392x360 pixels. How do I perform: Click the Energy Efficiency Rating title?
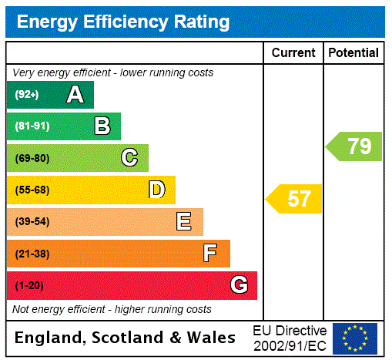pos(123,22)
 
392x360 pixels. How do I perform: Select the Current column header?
pos(293,52)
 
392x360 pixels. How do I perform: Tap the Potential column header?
pos(353,52)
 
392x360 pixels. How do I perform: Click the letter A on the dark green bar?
pos(75,95)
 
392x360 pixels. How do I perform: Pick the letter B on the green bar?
pos(102,126)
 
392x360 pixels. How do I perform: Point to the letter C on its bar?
pos(129,158)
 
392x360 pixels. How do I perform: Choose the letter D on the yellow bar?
pos(156,190)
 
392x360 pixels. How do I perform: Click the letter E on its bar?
pos(184,222)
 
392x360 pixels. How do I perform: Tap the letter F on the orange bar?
pos(210,253)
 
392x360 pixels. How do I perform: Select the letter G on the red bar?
pos(239,285)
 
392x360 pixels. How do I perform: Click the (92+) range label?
pos(26,95)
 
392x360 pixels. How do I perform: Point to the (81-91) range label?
pos(32,126)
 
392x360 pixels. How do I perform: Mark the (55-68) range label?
pos(32,190)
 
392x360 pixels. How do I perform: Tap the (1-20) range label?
pos(29,285)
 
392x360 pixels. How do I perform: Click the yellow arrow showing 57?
pos(295,199)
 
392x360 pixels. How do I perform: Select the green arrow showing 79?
pos(355,146)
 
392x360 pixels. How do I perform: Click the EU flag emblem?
pos(355,338)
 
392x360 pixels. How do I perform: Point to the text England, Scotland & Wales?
pos(126,338)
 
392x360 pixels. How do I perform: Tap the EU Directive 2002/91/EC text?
pos(290,338)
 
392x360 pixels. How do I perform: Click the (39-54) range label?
pos(32,222)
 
